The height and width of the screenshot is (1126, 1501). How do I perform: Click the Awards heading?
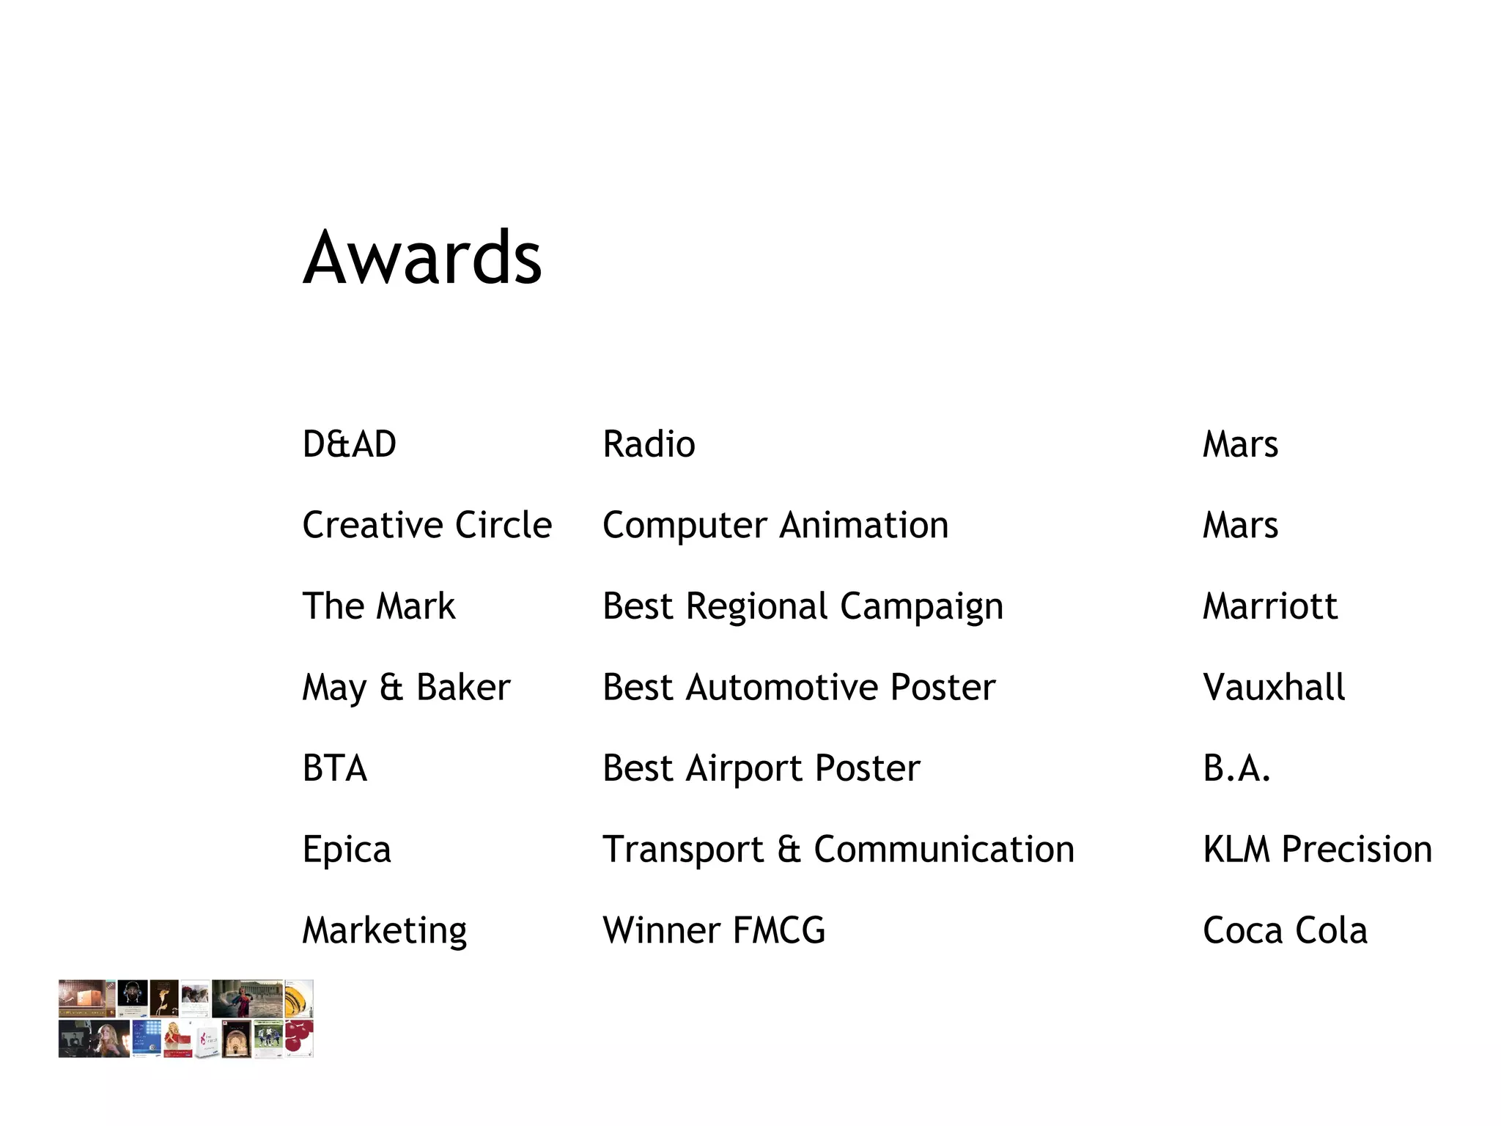tap(422, 258)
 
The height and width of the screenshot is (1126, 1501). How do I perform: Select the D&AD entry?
tap(349, 444)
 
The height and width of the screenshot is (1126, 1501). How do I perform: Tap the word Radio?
tap(649, 444)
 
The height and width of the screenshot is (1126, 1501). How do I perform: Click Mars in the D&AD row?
tap(1240, 444)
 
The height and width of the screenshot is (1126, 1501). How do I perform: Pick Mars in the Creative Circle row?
tap(1240, 525)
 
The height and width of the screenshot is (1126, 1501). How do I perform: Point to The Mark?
tap(378, 606)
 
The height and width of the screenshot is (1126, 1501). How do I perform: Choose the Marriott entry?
tap(1269, 606)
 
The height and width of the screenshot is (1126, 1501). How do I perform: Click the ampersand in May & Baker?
tap(391, 688)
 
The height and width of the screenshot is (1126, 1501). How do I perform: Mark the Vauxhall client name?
tap(1274, 688)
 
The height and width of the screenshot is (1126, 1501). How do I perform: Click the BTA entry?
tap(334, 768)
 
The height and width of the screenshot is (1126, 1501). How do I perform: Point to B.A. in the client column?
tap(1236, 768)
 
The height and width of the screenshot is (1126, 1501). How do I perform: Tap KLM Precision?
tap(1317, 850)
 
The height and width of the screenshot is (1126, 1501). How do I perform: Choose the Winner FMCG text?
tap(713, 930)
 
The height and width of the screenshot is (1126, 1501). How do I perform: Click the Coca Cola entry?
tap(1285, 930)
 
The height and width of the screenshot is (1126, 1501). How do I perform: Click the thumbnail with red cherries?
tap(299, 1038)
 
